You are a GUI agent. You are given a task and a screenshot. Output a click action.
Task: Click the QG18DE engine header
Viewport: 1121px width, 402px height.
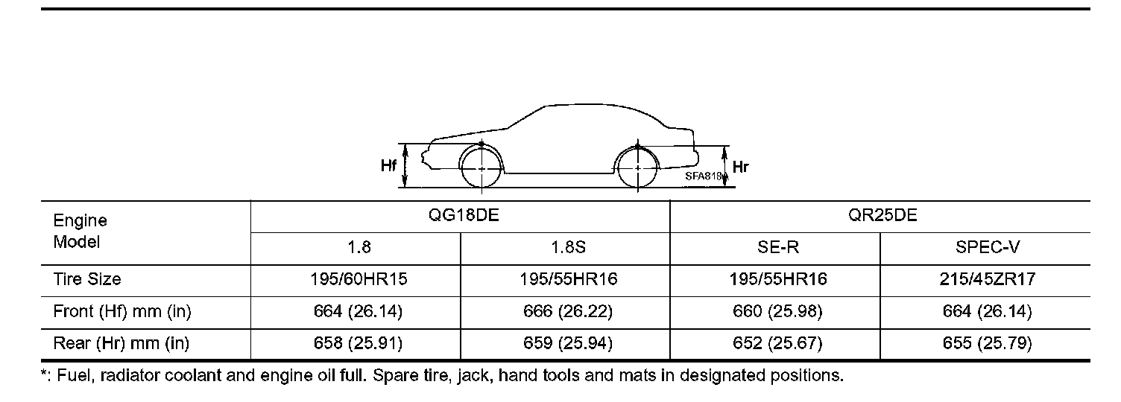coord(464,215)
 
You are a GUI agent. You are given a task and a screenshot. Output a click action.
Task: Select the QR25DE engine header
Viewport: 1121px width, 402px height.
coord(882,215)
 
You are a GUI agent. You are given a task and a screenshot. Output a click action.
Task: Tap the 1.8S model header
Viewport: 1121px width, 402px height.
coord(568,247)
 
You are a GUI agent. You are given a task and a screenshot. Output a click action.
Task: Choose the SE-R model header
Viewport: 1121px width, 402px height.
coord(777,247)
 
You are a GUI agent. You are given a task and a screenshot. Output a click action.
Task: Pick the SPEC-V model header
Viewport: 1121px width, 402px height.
coord(988,247)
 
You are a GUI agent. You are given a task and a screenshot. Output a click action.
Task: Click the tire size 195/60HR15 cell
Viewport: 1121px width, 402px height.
coord(359,279)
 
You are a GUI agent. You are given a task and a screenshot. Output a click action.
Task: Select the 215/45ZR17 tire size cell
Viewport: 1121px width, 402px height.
coord(988,279)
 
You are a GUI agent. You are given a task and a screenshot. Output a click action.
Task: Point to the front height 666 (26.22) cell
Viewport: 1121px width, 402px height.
coord(568,311)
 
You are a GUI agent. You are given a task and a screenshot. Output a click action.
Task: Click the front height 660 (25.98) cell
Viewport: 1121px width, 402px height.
coord(777,311)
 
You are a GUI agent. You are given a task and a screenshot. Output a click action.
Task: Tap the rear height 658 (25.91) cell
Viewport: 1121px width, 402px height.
coord(359,343)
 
